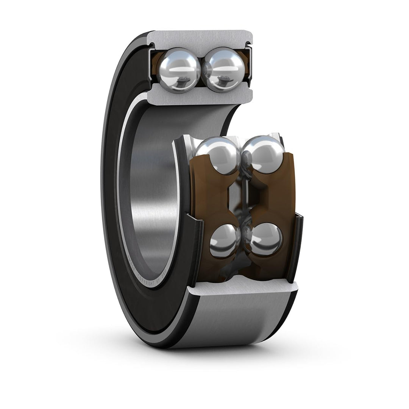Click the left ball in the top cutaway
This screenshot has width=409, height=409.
click(x=179, y=70)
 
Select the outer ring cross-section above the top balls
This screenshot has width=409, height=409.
click(x=200, y=38)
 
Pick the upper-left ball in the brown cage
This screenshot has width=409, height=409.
click(x=218, y=155)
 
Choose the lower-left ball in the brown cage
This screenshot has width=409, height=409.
click(x=224, y=240)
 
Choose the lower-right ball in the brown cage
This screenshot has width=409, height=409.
click(x=265, y=239)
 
